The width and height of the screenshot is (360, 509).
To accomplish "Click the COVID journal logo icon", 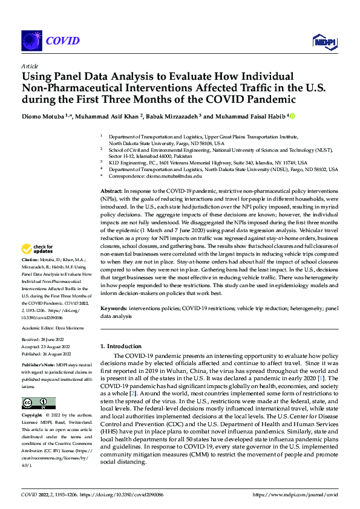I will click(x=30, y=41).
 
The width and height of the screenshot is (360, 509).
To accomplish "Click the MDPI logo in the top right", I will click(x=324, y=41).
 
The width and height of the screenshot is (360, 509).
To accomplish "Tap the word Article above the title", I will click(x=30, y=66).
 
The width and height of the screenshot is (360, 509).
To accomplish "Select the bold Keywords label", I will click(x=114, y=308).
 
